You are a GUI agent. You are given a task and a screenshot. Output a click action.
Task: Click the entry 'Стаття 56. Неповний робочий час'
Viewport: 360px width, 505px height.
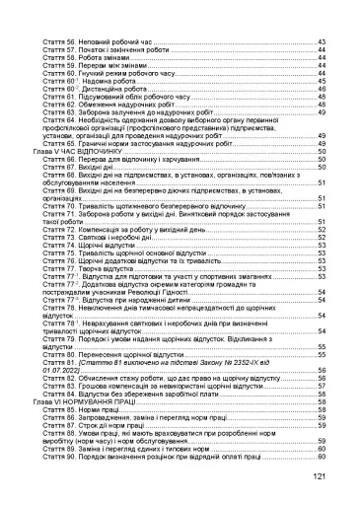[104, 44]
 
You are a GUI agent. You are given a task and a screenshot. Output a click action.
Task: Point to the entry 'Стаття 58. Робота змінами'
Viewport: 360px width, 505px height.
[95, 60]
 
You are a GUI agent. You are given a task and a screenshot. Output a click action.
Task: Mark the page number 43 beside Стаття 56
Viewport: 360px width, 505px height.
[322, 44]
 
